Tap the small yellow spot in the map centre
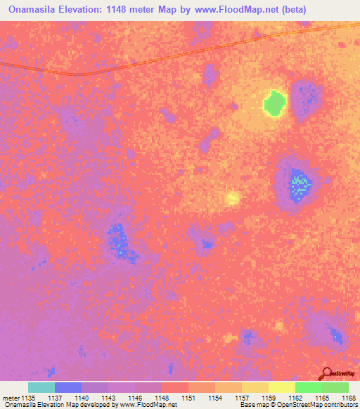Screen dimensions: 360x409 [233, 198]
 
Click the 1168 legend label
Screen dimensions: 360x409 [349, 398]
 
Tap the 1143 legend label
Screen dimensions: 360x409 [109, 398]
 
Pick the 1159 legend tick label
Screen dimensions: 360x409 [269, 398]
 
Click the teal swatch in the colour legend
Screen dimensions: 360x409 [41, 387]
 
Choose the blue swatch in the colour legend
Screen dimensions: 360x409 [68, 387]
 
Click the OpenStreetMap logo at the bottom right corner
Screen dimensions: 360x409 [336, 373]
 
